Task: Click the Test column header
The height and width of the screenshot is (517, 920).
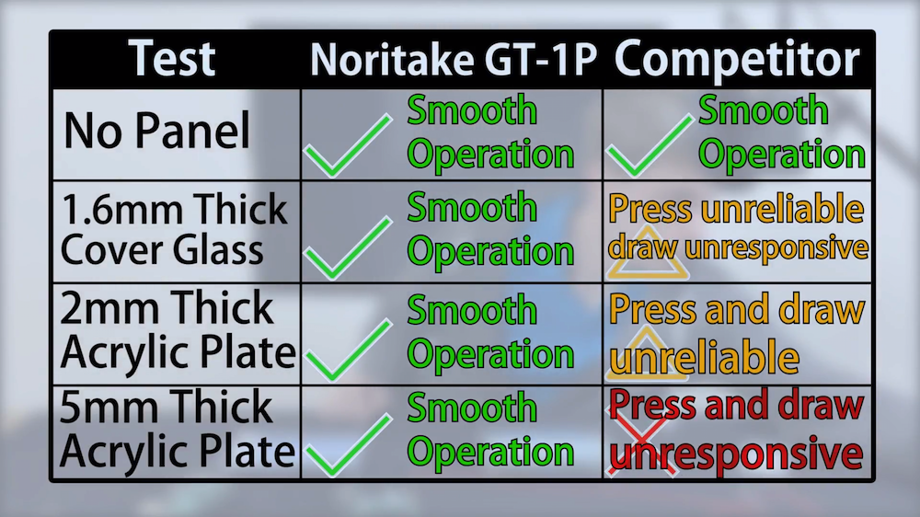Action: click(x=172, y=59)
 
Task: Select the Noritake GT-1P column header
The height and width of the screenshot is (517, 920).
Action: click(x=453, y=60)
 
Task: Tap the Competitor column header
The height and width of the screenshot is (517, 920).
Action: click(x=736, y=59)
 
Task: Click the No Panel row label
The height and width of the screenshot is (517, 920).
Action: click(x=156, y=131)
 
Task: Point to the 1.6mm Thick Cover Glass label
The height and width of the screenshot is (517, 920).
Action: click(x=174, y=229)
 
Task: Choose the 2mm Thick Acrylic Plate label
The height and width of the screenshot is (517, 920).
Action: click(x=178, y=330)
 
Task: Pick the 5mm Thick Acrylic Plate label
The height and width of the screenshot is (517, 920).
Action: click(x=178, y=429)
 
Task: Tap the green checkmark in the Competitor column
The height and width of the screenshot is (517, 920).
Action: click(x=650, y=145)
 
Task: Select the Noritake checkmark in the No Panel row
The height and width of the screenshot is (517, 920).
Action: click(x=348, y=145)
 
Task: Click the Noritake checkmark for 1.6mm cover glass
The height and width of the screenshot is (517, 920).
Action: click(x=348, y=247)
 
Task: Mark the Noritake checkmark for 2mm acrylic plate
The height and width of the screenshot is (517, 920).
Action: click(x=349, y=350)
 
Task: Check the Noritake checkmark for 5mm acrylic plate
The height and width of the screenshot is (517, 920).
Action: click(x=349, y=445)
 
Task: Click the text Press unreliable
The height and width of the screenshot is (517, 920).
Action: click(x=736, y=208)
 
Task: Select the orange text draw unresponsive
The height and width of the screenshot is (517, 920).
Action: click(x=738, y=247)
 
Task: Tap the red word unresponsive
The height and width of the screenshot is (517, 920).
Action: click(x=737, y=454)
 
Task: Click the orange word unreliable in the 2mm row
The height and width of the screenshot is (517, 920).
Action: click(x=704, y=356)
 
